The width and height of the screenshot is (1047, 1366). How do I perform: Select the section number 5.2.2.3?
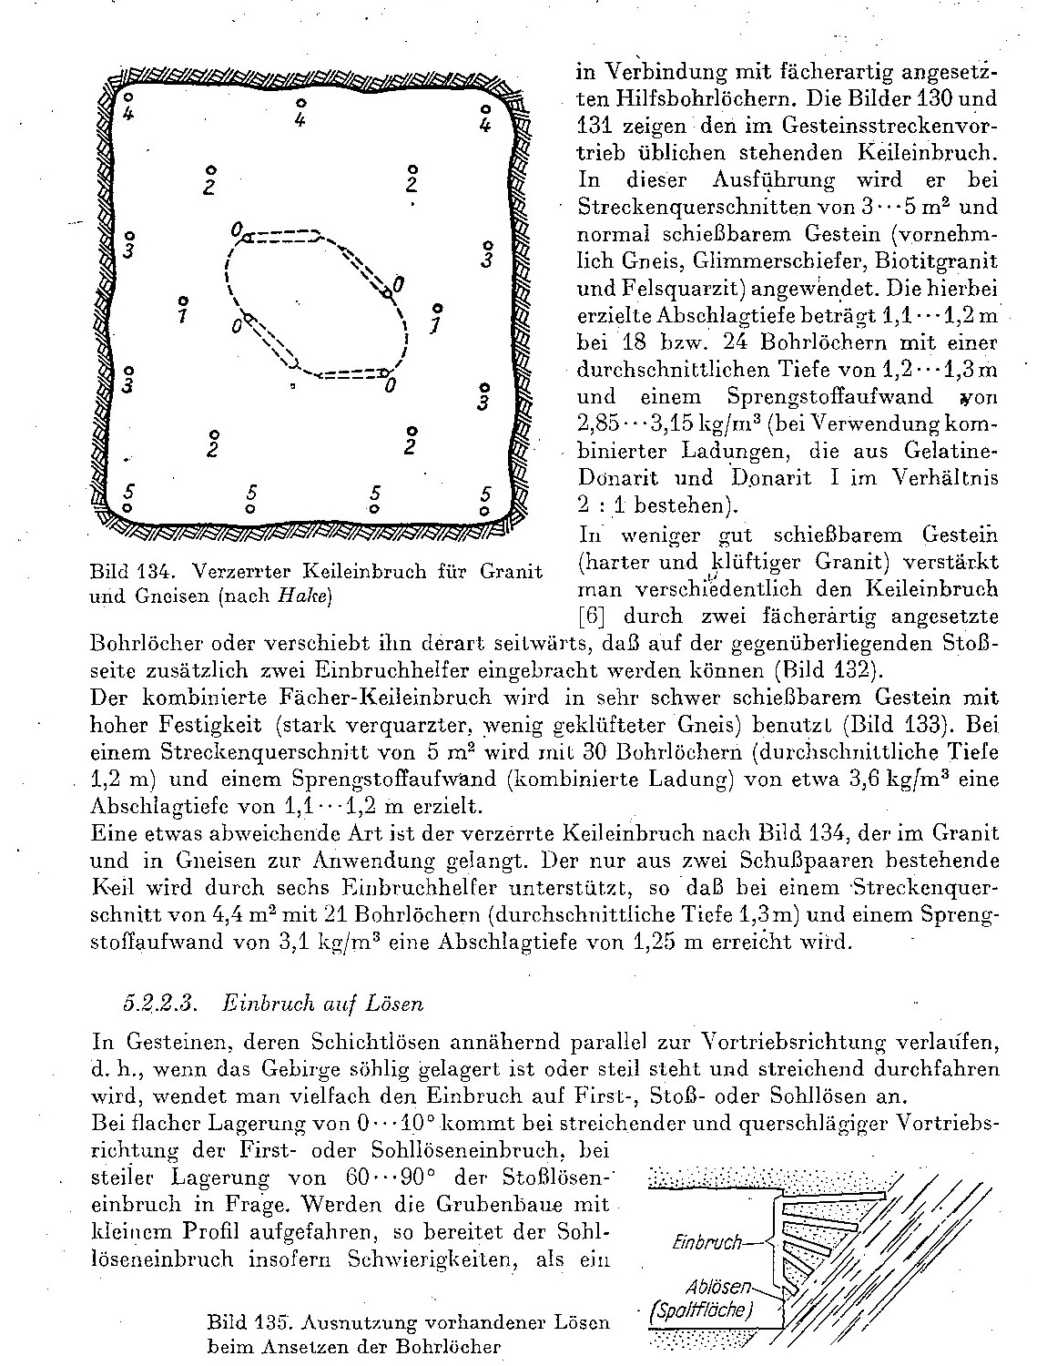coord(156,1004)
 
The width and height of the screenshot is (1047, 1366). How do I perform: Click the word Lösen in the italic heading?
coord(397,1004)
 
